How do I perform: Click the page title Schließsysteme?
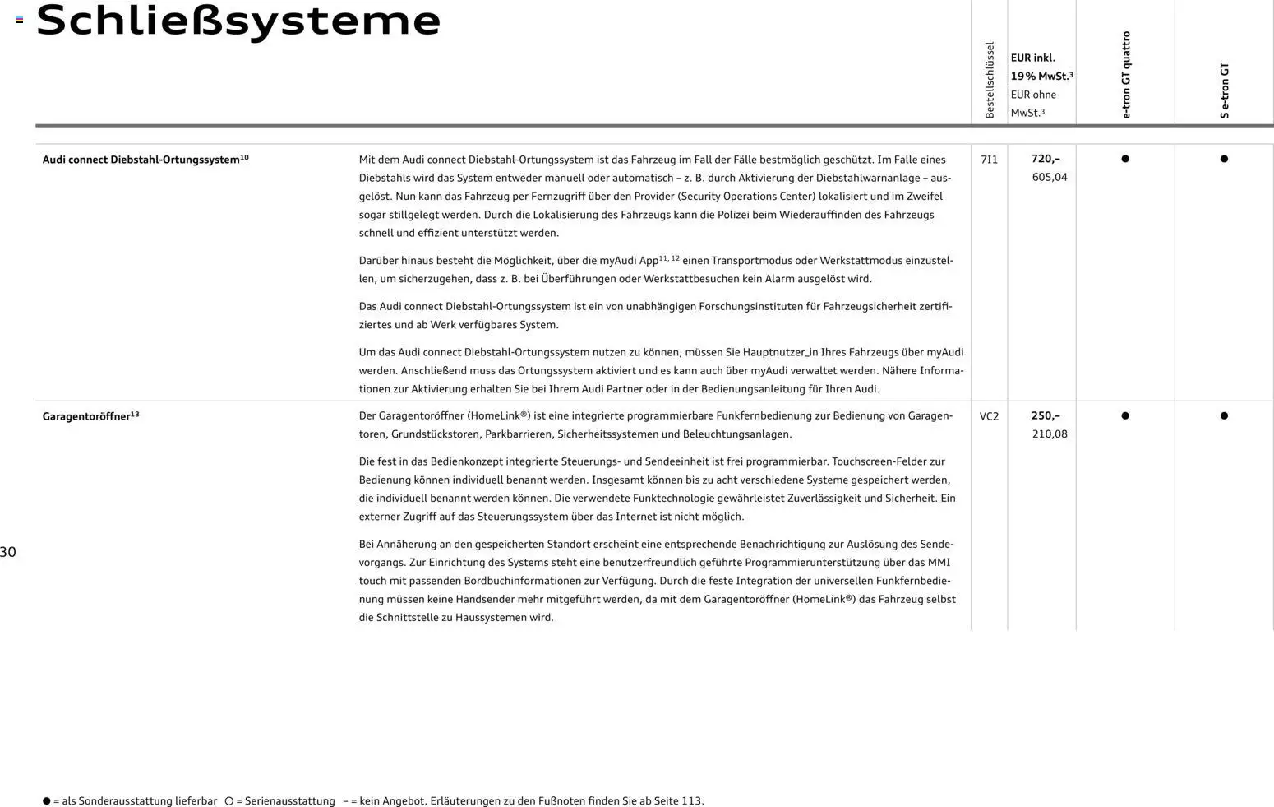(238, 21)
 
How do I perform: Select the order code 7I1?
(989, 160)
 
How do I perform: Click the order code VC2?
(989, 416)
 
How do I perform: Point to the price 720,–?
(1046, 159)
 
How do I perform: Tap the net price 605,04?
(1050, 177)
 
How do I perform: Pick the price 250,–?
(1046, 415)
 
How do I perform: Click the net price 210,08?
(1050, 434)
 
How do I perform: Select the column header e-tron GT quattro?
(1125, 75)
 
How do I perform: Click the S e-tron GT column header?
(1224, 90)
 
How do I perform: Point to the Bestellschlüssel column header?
(990, 80)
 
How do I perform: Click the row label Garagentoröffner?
(86, 416)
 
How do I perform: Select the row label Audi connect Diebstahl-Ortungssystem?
(141, 160)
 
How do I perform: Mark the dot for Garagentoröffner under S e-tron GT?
(1224, 415)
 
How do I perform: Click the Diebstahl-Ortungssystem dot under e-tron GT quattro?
(1125, 159)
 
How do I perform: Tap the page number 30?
(8, 552)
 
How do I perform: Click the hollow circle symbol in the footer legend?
(229, 800)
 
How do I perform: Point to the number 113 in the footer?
(691, 800)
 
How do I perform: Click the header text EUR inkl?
(1032, 58)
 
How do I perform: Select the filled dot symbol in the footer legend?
(47, 800)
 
